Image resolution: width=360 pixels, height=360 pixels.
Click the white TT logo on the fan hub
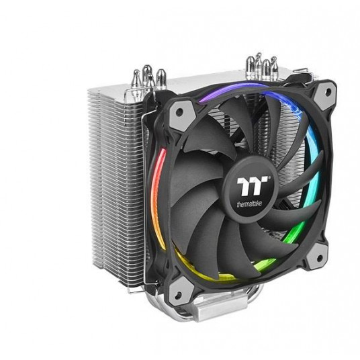click(x=252, y=186)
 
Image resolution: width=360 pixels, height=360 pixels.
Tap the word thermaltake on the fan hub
click(x=249, y=204)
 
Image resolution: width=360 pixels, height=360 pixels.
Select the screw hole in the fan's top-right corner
click(x=328, y=91)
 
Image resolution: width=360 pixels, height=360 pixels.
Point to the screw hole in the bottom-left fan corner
click(x=178, y=296)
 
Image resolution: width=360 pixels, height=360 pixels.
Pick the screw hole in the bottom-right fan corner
click(x=319, y=259)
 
